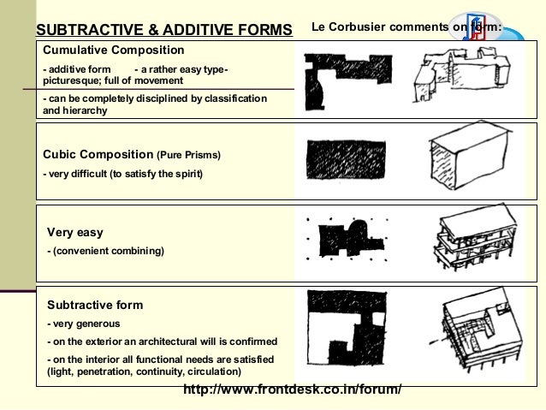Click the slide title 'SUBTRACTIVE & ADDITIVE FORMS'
pos(163,30)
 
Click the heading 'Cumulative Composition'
pos(113,51)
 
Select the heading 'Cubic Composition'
pos(98,155)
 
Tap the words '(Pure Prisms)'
pos(188,156)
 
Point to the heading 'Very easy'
pos(74,232)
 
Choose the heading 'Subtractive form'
pos(95,305)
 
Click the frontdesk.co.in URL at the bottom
pos(292,390)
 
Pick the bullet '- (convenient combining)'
pos(105,251)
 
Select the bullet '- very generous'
pos(83,324)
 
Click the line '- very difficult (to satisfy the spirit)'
pos(123,175)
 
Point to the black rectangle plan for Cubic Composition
pos(346,159)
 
